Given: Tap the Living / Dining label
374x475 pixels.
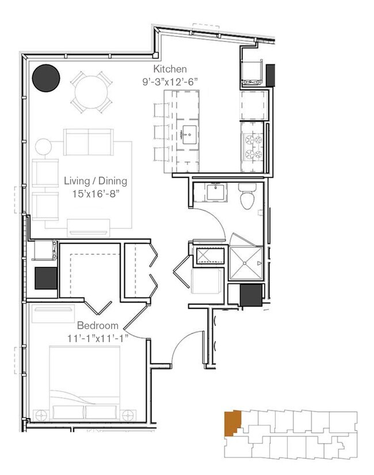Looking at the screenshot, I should [95, 181].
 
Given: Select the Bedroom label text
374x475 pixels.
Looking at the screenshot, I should [98, 325].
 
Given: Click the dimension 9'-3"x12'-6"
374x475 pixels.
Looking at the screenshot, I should [170, 81].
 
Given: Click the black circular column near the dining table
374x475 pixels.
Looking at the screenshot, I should [46, 78].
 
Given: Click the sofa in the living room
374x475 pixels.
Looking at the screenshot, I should [89, 142].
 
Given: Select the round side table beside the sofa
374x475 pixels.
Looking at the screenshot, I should [44, 146].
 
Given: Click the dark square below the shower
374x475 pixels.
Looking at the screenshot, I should [251, 296].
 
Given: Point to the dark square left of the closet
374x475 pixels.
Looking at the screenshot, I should [46, 279].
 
